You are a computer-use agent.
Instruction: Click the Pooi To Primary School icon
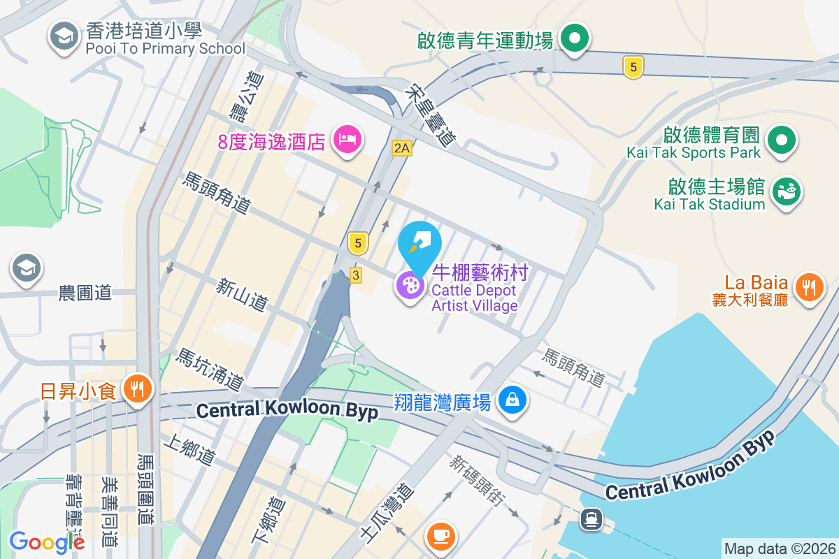click(64, 38)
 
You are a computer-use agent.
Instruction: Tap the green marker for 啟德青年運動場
click(575, 38)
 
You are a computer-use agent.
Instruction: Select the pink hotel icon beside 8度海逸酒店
click(347, 140)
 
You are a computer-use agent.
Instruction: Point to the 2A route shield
click(401, 147)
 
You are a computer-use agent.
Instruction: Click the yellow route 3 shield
click(356, 275)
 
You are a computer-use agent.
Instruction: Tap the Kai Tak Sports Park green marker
click(782, 140)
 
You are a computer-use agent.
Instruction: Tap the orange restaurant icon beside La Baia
click(809, 288)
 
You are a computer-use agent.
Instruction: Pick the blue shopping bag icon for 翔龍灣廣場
click(512, 400)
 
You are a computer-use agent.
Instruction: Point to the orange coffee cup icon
click(441, 536)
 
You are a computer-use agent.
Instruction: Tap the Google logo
click(47, 542)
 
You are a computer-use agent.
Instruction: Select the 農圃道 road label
click(85, 293)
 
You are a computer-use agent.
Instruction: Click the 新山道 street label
click(243, 295)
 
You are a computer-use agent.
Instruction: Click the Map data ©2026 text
click(780, 549)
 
